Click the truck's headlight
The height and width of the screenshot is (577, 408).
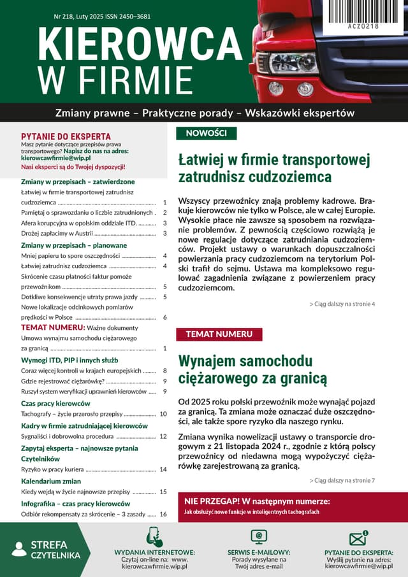tap(294, 62)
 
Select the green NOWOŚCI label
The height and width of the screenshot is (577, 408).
tap(206, 133)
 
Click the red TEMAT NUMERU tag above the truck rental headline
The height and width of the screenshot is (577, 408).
tap(219, 334)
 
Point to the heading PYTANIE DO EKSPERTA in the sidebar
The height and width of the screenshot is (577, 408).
tap(66, 136)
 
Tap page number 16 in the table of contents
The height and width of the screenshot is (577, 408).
tap(163, 514)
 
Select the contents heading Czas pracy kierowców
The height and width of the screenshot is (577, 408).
tap(55, 403)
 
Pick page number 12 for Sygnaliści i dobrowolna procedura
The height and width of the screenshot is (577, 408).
tap(163, 436)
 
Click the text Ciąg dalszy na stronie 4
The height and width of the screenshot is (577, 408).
tap(342, 304)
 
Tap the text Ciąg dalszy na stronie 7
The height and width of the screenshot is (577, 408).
tap(342, 480)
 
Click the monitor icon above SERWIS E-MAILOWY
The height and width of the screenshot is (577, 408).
tap(259, 537)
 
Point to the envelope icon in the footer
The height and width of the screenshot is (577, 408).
tap(359, 538)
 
